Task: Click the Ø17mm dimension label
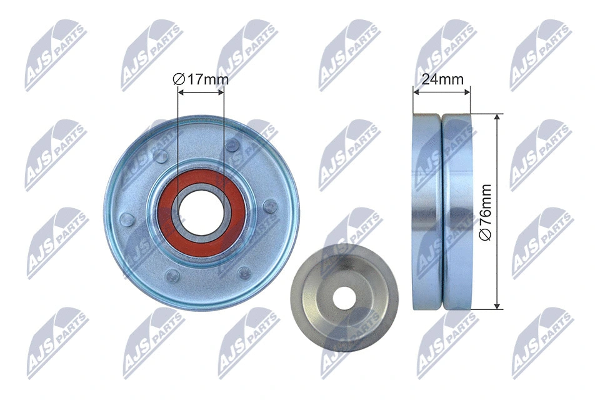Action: pyautogui.click(x=201, y=79)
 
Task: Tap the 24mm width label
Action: pyautogui.click(x=441, y=79)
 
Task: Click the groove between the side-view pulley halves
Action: pyautogui.click(x=441, y=211)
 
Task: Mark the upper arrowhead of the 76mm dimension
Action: pyautogui.click(x=497, y=118)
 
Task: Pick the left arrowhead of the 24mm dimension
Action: pyautogui.click(x=416, y=92)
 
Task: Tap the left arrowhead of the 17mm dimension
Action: pyautogui.click(x=181, y=92)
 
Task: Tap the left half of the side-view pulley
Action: pyautogui.click(x=427, y=211)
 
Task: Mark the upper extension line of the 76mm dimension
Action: pyautogui.click(x=487, y=114)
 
